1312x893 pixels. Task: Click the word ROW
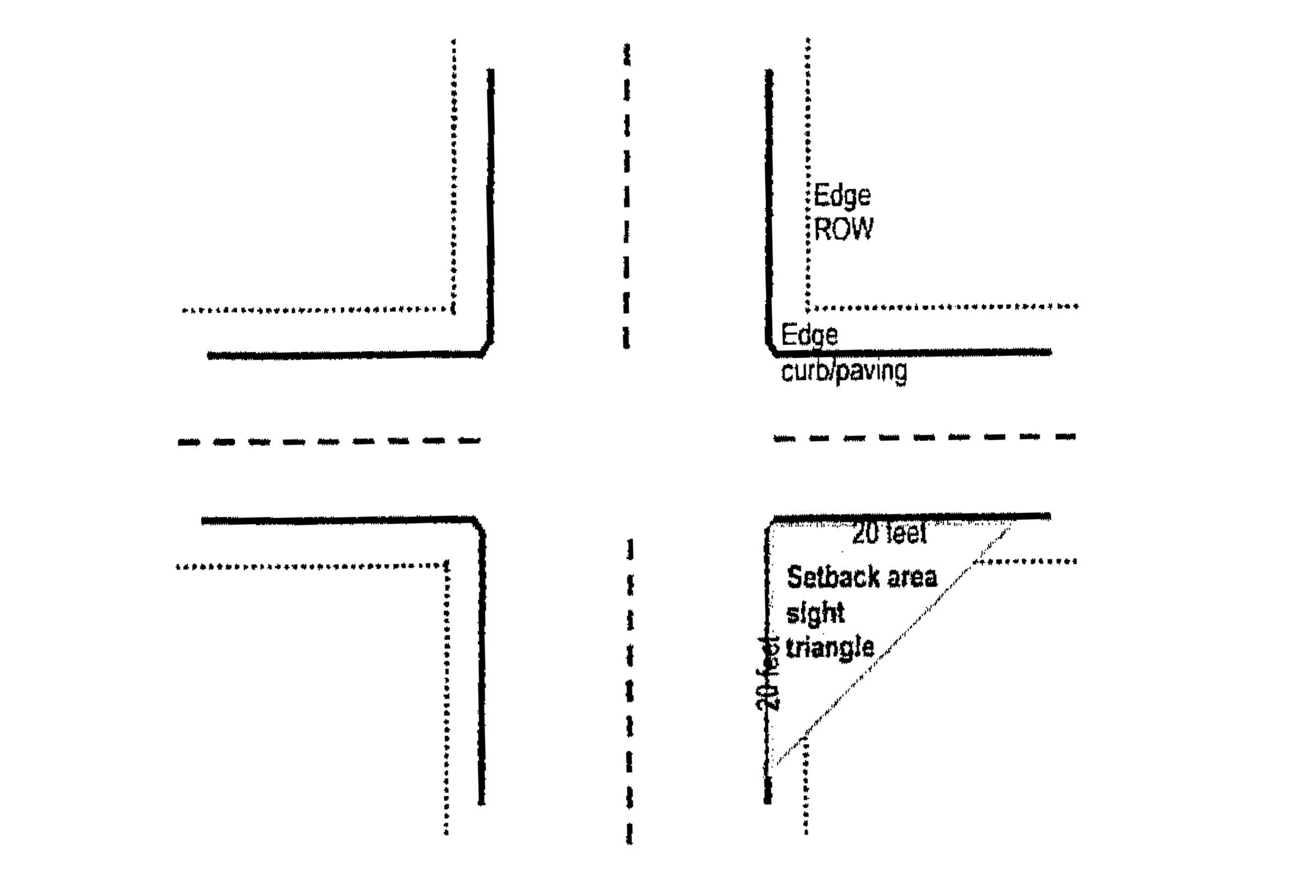click(843, 229)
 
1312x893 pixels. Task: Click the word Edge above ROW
click(842, 196)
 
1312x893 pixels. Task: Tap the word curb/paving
click(844, 372)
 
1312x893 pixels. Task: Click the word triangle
click(830, 648)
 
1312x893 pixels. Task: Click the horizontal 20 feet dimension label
click(889, 534)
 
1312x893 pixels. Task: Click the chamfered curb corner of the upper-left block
click(487, 348)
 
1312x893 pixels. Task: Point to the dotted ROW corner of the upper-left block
click(453, 309)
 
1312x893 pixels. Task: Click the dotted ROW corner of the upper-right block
click(809, 308)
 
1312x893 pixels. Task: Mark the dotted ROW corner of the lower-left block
click(447, 564)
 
